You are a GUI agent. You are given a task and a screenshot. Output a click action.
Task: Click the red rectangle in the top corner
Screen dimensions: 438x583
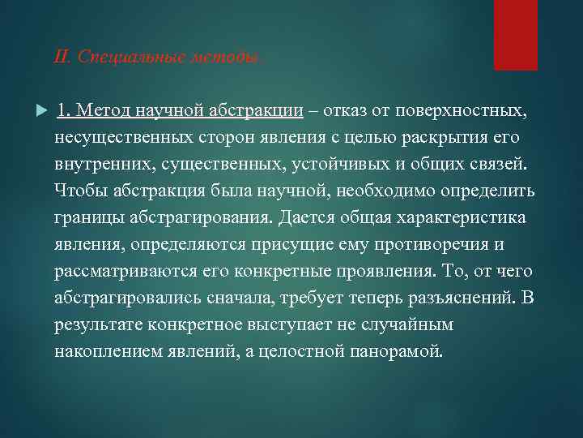(516, 35)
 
